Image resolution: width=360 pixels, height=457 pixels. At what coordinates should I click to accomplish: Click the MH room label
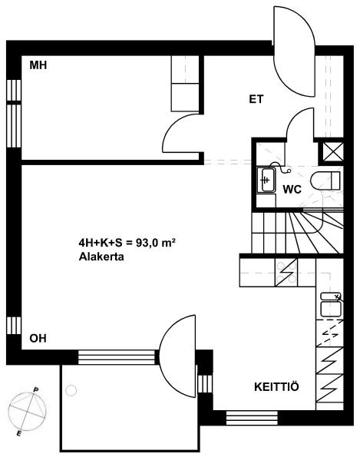pos(38,65)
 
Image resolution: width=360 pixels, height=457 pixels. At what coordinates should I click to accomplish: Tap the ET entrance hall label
pos(256,99)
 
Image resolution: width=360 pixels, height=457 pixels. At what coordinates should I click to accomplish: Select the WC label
pos(292,190)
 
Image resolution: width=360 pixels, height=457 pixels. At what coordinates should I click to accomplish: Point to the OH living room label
pos(38,339)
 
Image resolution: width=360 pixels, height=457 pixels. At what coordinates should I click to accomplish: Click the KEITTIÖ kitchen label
pos(276,387)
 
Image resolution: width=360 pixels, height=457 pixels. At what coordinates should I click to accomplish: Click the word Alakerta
pos(101,257)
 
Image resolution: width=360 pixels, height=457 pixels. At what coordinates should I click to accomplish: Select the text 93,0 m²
pos(156,243)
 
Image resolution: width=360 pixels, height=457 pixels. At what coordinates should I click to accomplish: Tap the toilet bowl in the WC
pos(325,181)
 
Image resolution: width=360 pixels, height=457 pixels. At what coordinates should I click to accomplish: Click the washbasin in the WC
pos(266,180)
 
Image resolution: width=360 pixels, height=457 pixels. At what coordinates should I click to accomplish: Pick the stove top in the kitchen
pos(286,273)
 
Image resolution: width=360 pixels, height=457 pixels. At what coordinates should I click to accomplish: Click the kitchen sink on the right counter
pos(331,305)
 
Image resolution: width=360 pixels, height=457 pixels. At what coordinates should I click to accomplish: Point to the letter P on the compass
pos(36,390)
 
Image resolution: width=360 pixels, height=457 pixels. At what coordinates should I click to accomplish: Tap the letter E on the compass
pos(18,434)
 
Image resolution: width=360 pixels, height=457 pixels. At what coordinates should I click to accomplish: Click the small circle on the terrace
pos(71,390)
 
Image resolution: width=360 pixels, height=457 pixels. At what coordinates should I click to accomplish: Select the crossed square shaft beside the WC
pos(333,151)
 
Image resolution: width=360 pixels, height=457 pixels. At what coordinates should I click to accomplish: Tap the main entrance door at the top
pos(294,51)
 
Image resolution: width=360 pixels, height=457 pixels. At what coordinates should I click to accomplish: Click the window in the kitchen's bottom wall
pos(252,419)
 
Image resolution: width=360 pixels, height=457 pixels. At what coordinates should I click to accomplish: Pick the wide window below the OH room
pos(117,357)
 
